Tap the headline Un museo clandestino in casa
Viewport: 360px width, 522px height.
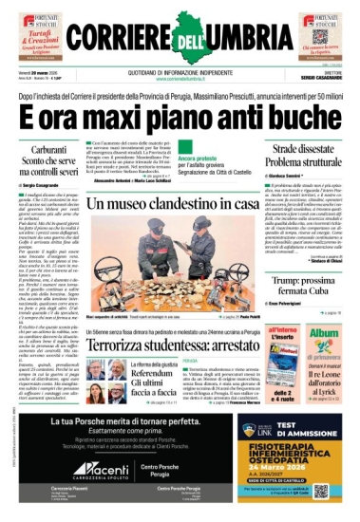pos(173,204)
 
